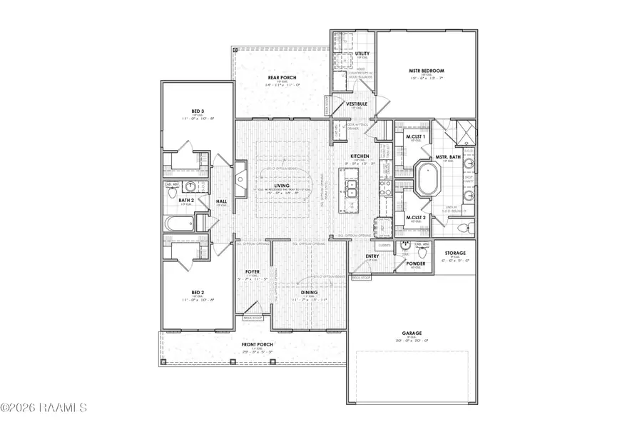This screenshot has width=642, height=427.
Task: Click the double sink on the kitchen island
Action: [351, 189]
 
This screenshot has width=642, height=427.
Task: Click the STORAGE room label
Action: [455, 253]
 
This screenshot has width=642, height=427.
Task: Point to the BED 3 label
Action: [198, 111]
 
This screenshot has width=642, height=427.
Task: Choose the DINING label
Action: [310, 292]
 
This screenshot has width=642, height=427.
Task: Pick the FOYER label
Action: [253, 272]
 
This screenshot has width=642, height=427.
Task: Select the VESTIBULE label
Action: [357, 104]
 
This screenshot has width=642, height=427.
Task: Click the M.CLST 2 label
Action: [416, 217]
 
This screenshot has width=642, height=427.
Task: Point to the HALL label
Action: [222, 201]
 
